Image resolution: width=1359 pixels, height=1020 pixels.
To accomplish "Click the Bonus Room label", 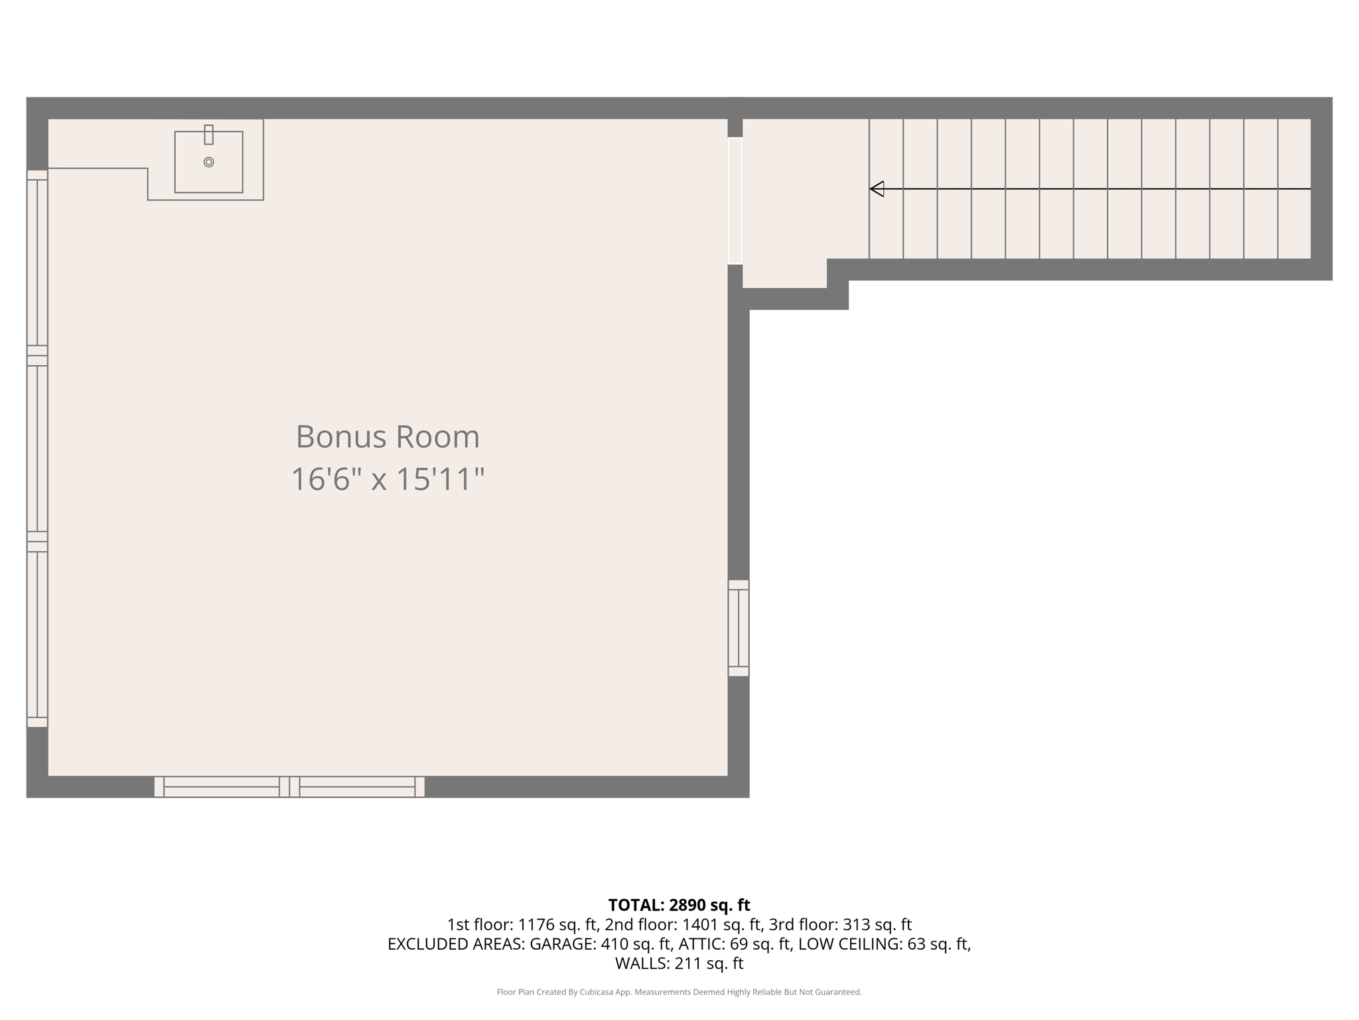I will (x=388, y=437).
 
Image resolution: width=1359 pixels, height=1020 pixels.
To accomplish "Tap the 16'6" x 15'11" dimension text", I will (x=388, y=479).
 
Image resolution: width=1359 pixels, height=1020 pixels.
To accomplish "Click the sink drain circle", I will (x=208, y=162).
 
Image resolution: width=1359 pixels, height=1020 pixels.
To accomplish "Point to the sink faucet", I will (x=208, y=134).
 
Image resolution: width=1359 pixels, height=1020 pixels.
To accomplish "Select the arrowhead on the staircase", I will (x=877, y=189).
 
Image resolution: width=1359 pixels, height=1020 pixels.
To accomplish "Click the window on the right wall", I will (x=739, y=628).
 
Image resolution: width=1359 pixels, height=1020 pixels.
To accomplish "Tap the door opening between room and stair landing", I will (x=735, y=201).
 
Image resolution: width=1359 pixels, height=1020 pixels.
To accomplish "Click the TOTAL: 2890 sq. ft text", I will (x=679, y=905).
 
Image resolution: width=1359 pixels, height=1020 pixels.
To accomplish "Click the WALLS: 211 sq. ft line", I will (x=679, y=964).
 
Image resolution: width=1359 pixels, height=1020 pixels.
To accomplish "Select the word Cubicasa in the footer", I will (x=596, y=992).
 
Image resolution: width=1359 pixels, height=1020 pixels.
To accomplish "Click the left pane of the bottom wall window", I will (x=221, y=787).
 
